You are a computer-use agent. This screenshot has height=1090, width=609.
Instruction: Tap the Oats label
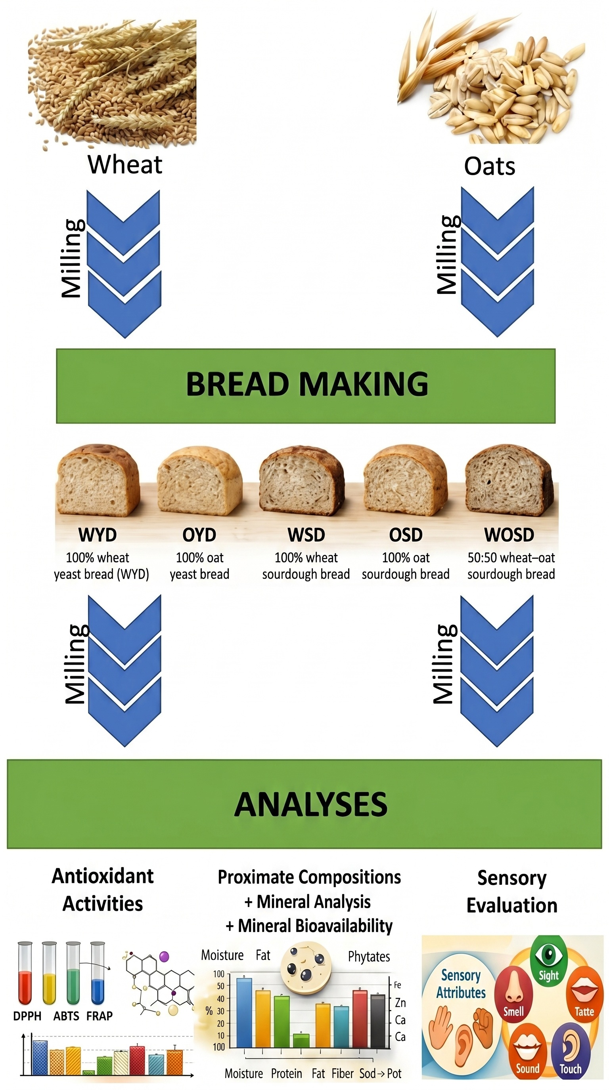490,166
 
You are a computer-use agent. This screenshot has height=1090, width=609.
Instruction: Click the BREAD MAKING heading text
307,384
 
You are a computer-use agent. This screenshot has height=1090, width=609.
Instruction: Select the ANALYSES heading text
310,804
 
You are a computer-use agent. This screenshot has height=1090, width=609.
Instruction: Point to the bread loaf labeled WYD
98,480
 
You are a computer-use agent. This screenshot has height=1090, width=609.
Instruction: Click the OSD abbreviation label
406,535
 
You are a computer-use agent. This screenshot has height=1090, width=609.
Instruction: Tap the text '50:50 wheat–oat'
511,558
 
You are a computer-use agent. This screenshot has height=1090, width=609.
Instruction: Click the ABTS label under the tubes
66,1016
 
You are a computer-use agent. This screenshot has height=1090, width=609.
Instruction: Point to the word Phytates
369,957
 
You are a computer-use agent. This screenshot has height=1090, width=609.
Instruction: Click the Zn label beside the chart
400,1002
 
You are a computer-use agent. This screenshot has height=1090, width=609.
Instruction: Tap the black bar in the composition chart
378,1021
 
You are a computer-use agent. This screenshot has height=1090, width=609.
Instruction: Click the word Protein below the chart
286,1073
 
